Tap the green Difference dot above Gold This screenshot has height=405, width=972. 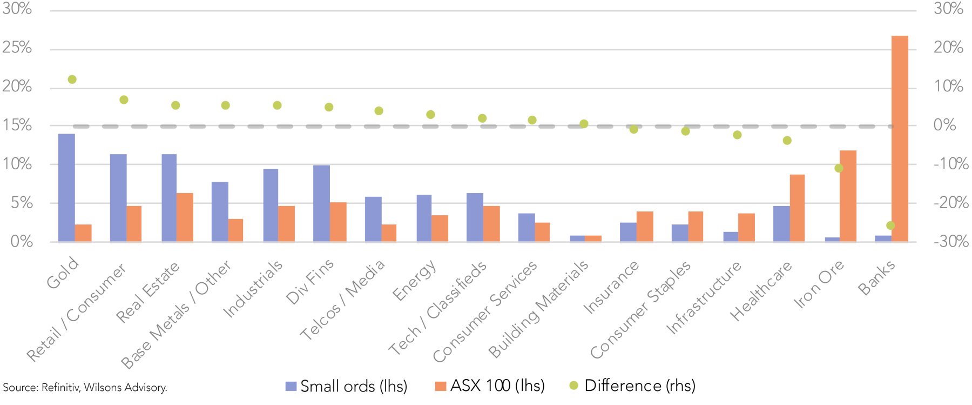72,79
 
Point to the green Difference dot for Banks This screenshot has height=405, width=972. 890,225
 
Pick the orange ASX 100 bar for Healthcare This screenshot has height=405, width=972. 797,208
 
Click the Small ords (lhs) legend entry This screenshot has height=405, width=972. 347,386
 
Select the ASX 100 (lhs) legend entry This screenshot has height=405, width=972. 490,386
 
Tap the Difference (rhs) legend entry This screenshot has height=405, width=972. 633,386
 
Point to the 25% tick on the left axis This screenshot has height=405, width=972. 17,48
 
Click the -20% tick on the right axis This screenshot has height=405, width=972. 951,203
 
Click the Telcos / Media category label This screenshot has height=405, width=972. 342,300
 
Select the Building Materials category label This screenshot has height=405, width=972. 538,309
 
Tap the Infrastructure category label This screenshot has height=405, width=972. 704,298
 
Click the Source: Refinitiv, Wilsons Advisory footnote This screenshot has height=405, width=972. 85,388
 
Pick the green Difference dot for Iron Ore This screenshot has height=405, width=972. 839,168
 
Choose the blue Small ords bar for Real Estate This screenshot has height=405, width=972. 169,198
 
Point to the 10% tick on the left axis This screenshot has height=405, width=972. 17,164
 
